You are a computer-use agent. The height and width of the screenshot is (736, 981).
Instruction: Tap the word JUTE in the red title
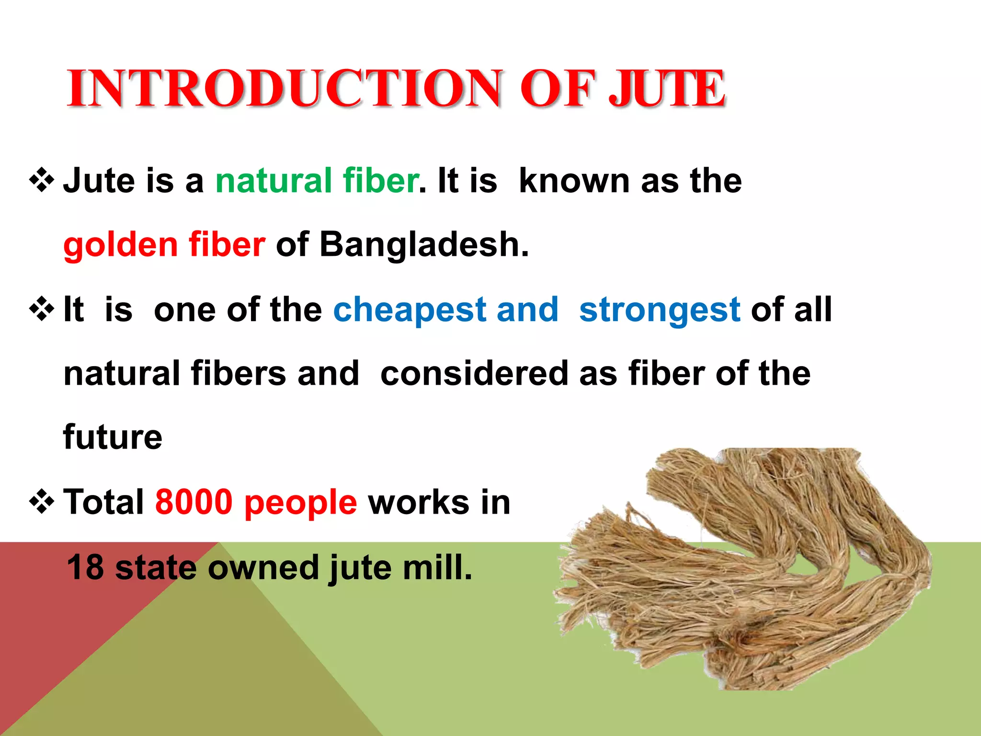(667, 89)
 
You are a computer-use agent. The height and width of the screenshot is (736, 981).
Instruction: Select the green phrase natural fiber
(317, 181)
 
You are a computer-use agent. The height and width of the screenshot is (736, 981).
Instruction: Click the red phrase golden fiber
(164, 245)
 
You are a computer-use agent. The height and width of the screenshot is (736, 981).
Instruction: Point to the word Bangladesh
(423, 245)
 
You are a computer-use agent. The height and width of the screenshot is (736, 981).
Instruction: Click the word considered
(474, 374)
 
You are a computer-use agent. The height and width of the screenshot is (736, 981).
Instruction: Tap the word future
(113, 437)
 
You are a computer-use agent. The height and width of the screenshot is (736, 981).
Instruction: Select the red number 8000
(194, 502)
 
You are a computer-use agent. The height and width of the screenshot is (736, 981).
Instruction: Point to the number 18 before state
(85, 567)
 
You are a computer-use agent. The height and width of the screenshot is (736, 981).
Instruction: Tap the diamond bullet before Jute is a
(42, 181)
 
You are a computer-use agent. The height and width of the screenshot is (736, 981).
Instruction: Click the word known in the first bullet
(575, 181)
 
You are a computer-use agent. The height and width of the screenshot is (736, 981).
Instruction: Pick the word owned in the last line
(263, 567)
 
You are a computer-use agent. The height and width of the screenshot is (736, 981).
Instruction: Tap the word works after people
(419, 502)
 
